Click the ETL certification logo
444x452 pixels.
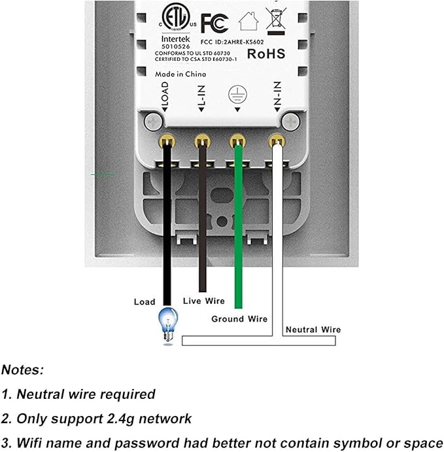click(176, 17)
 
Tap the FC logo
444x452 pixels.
click(214, 24)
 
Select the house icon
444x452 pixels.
click(248, 21)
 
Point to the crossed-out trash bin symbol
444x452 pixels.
click(276, 21)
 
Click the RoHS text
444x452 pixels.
click(266, 54)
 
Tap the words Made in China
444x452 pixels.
click(180, 74)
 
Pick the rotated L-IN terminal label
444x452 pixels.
click(201, 96)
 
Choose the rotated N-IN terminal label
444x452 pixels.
click(277, 94)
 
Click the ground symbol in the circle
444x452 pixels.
click(237, 94)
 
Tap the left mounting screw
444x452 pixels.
click(154, 122)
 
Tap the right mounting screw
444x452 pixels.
click(290, 122)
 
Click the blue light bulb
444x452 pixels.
click(168, 324)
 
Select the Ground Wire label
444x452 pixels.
click(239, 319)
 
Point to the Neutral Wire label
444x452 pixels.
click(313, 330)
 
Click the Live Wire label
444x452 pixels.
click(204, 301)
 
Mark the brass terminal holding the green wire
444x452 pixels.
click(237, 141)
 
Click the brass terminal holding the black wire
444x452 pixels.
click(167, 141)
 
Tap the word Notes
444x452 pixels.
click(22, 370)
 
